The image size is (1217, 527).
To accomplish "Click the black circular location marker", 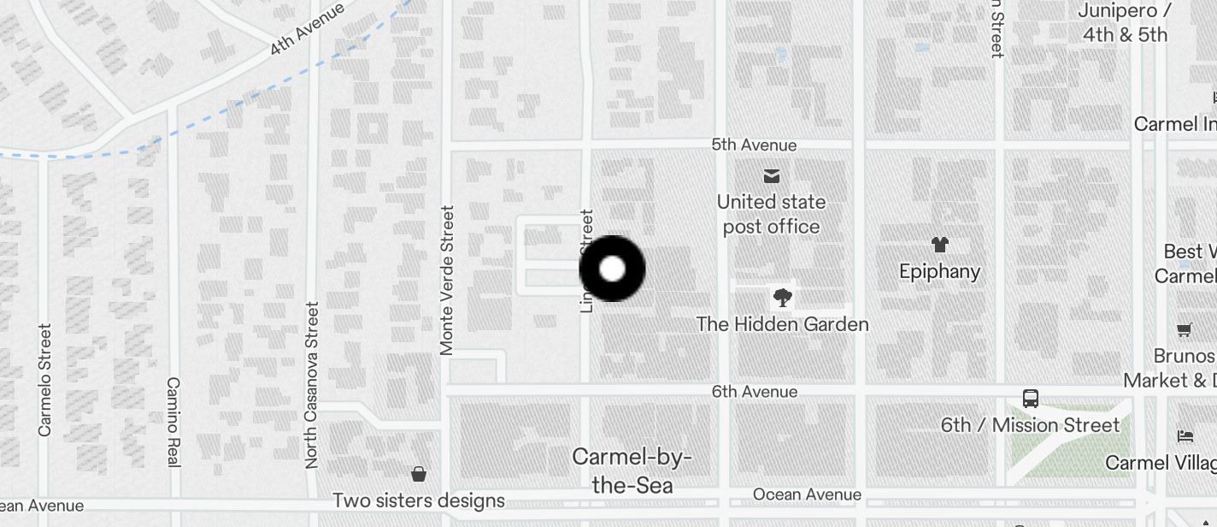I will pos(612,269).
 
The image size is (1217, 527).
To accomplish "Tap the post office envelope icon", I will pos(772,176).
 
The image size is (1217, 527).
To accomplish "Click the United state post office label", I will pos(771,214).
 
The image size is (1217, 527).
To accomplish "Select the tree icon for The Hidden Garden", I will pos(782,298).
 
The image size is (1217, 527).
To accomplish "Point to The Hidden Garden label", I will pos(782,324).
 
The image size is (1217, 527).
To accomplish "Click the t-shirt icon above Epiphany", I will pos(940,245).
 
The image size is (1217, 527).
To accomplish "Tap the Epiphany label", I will pos(939,271).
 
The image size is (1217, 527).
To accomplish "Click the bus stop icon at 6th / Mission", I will pos(1031,399).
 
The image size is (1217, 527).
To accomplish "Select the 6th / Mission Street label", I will pos(1030,425).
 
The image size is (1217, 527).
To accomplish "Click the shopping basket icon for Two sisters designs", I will pos(419,474).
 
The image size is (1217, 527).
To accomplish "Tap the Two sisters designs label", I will pos(419,500).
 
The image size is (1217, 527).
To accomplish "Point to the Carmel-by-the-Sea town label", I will pos(632,471).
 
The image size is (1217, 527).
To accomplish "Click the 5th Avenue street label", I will pos(754,145).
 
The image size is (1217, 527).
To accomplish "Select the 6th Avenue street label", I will pos(755,392).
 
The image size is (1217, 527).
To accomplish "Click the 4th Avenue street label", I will pos(307,29).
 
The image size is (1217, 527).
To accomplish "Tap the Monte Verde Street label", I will pos(447,279).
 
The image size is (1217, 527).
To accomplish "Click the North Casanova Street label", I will pos(312,384).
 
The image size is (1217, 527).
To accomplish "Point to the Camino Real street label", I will pos(173,422).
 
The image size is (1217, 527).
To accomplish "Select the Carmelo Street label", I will pos(44,379).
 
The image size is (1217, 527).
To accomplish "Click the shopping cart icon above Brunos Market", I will pos(1185,329).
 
